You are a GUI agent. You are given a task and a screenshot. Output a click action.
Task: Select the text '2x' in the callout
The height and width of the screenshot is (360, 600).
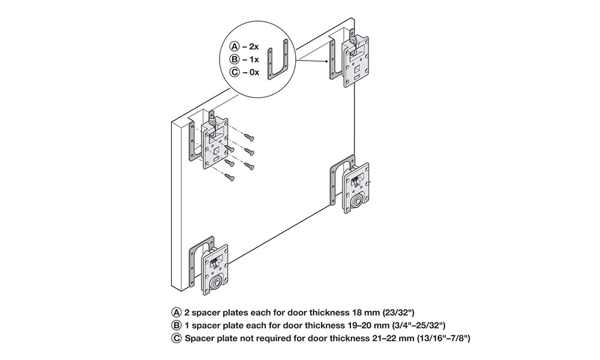(255, 46)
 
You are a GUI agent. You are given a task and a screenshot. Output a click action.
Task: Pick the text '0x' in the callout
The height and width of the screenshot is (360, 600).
(255, 73)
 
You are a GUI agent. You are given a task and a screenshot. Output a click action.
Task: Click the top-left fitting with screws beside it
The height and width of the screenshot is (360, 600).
(214, 143)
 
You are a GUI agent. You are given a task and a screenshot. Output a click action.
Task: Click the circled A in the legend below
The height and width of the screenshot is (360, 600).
(176, 313)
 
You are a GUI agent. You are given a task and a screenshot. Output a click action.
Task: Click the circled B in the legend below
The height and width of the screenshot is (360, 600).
(176, 326)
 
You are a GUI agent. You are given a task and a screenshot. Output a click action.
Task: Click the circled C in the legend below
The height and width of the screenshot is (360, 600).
(176, 339)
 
